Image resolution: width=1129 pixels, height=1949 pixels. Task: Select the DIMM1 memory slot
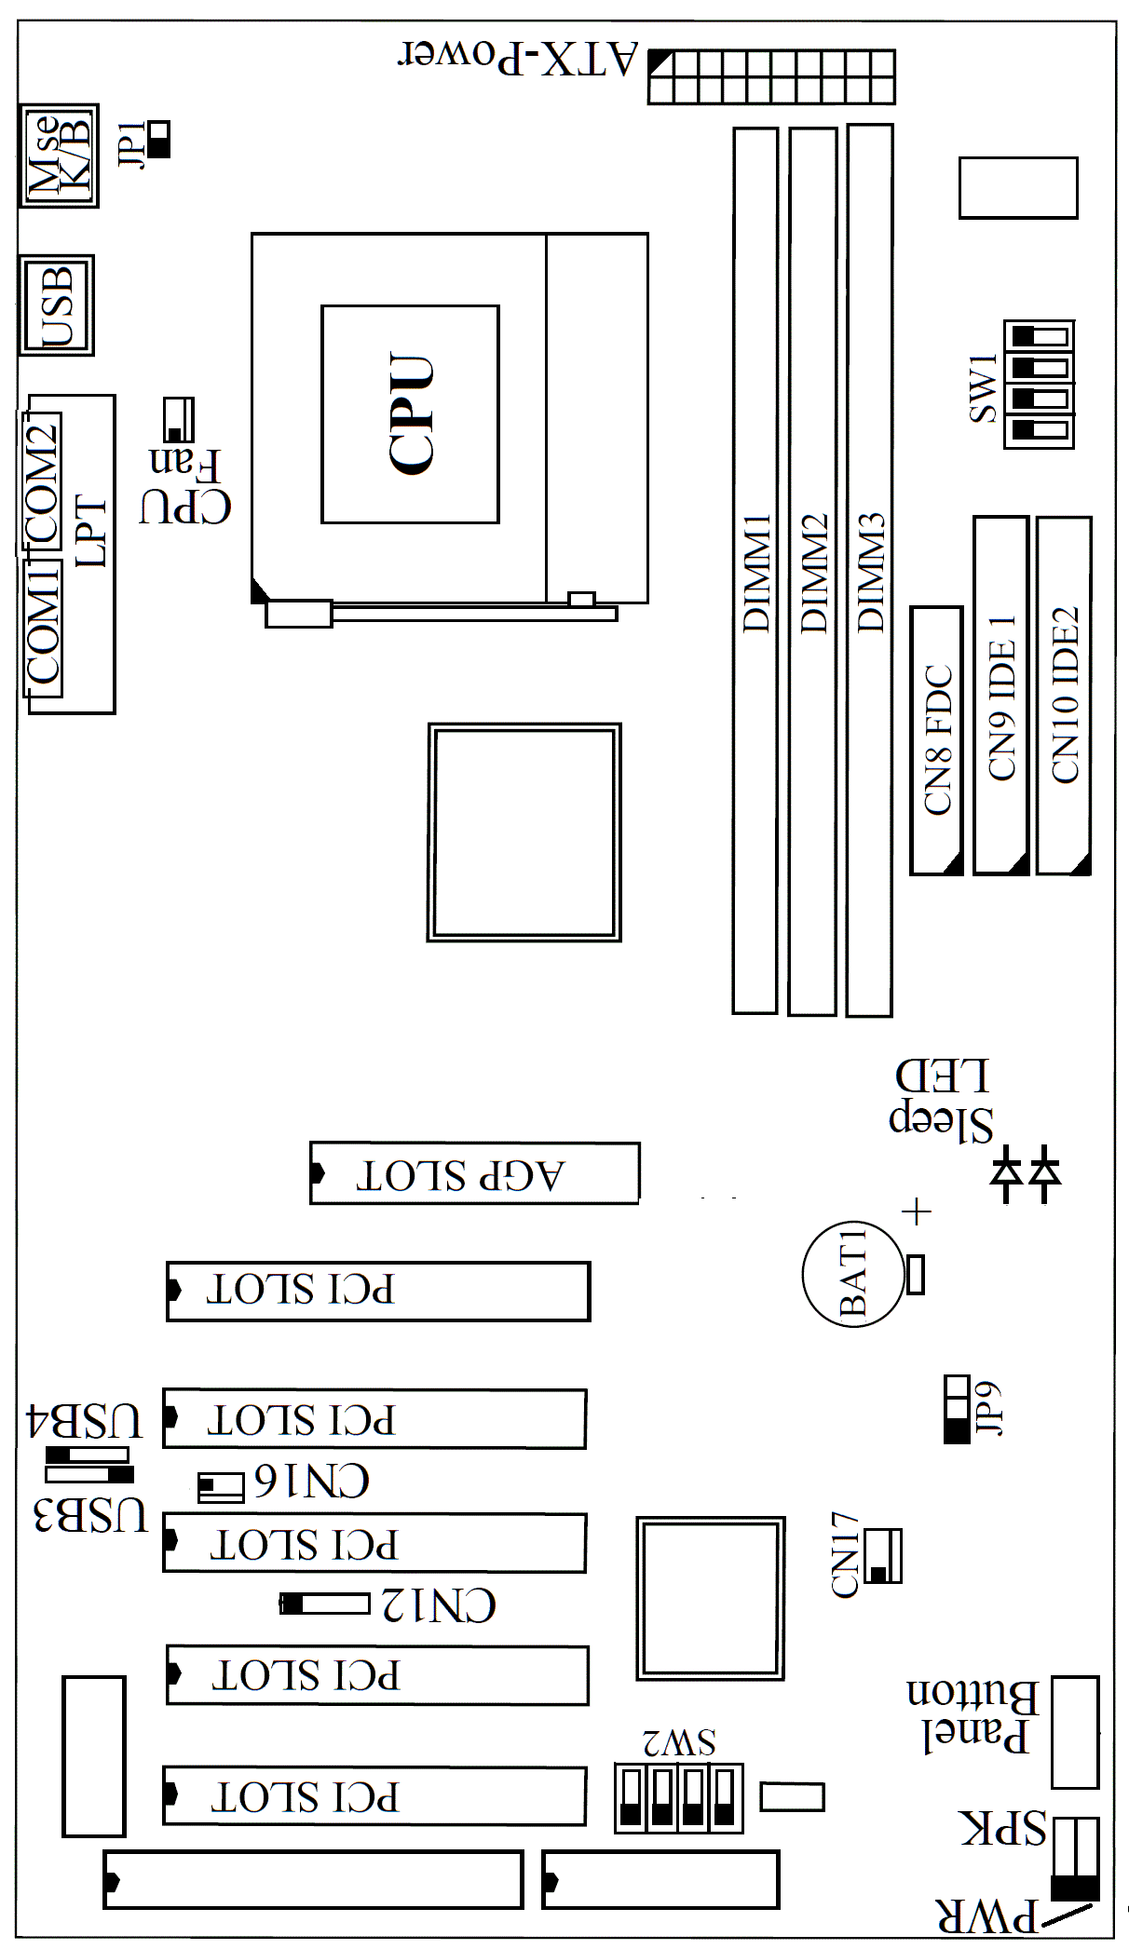pyautogui.click(x=755, y=570)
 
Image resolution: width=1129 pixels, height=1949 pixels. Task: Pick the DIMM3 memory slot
pyautogui.click(x=870, y=570)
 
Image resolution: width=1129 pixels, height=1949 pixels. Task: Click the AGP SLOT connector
pyautogui.click(x=474, y=1173)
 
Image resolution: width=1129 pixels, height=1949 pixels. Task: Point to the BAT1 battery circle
pyautogui.click(x=853, y=1275)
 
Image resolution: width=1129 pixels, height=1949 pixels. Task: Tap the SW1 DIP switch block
pyautogui.click(x=1039, y=384)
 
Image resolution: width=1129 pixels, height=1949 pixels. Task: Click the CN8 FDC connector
pyautogui.click(x=936, y=740)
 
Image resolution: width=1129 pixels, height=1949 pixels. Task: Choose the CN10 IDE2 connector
pyautogui.click(x=1064, y=696)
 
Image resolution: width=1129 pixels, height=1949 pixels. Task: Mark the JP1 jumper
pyautogui.click(x=158, y=139)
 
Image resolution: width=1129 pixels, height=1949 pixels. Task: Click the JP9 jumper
pyautogui.click(x=957, y=1409)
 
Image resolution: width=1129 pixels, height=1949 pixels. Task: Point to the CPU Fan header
pyautogui.click(x=178, y=420)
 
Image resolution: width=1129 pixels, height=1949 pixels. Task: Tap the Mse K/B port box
pyautogui.click(x=59, y=156)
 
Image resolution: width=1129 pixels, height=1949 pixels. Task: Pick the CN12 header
pyautogui.click(x=325, y=1604)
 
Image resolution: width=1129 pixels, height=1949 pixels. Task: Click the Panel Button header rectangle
pyautogui.click(x=1075, y=1732)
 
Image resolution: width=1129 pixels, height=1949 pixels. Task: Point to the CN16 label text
pyautogui.click(x=312, y=1481)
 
